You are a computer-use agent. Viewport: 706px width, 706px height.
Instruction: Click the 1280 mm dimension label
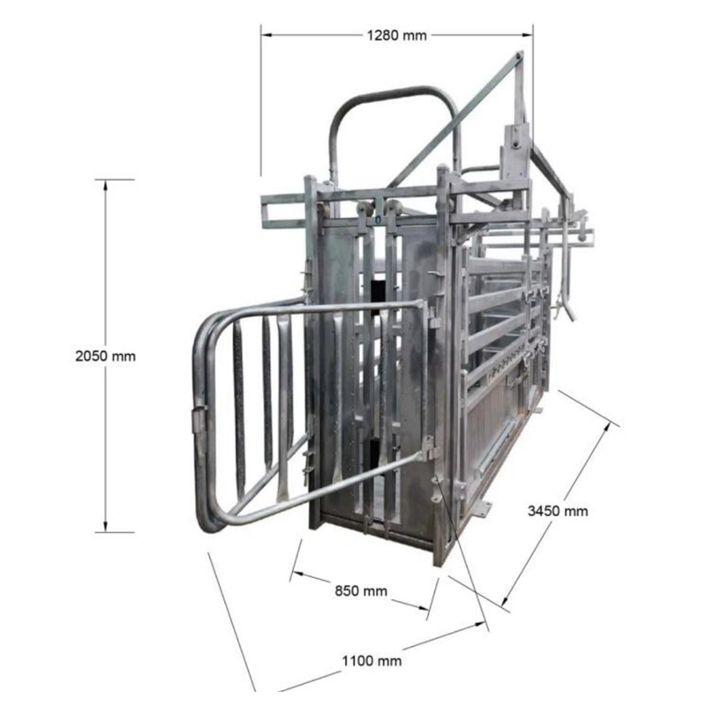point(396,35)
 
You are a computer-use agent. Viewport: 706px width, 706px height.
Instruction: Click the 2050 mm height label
point(105,357)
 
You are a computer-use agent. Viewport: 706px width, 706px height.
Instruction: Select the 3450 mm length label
point(558,511)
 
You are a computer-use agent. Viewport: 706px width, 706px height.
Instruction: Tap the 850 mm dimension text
point(361,590)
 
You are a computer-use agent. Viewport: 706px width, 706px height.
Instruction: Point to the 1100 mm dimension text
point(372,661)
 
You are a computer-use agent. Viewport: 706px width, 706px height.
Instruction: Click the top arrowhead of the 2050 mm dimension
point(106,184)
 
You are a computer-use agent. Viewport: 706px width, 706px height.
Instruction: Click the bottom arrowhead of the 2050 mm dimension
point(106,527)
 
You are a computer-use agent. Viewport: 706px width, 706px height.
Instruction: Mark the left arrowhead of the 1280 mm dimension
point(267,34)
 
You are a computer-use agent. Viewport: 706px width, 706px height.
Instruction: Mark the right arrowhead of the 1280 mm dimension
point(527,34)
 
